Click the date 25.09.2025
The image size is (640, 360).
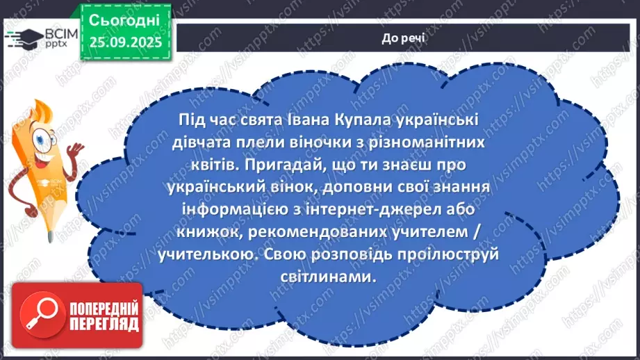coord(124,42)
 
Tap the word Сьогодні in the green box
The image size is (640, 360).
coord(124,19)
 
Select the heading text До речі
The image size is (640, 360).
coord(404,38)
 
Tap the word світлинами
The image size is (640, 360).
coord(335,275)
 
